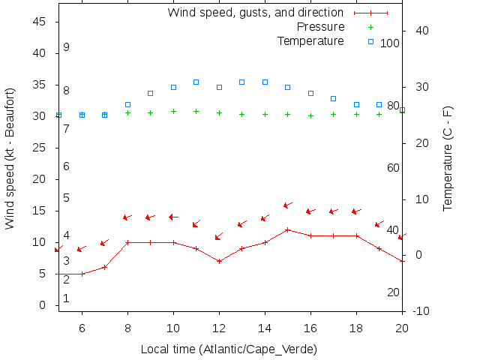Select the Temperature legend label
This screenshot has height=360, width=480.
click(x=310, y=40)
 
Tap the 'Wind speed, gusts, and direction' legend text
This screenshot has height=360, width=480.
click(x=255, y=13)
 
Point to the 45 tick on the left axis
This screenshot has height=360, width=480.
click(x=41, y=22)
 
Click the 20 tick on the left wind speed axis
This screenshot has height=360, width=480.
click(x=41, y=180)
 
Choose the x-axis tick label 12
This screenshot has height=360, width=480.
click(x=219, y=328)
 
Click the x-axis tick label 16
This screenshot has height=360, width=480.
click(x=310, y=328)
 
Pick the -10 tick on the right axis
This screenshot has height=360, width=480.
click(x=421, y=311)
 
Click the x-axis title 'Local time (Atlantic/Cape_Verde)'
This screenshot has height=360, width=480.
click(x=229, y=349)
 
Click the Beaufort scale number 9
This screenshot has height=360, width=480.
click(x=66, y=47)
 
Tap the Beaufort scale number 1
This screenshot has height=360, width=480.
click(x=66, y=298)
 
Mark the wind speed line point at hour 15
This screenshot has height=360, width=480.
click(x=288, y=229)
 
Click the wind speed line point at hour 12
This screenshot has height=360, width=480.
click(x=219, y=261)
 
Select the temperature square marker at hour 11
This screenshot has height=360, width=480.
click(x=196, y=82)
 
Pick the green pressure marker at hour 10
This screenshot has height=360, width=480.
click(x=173, y=111)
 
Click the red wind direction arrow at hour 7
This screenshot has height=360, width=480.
click(x=104, y=242)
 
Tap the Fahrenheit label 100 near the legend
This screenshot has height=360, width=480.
click(x=390, y=43)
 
